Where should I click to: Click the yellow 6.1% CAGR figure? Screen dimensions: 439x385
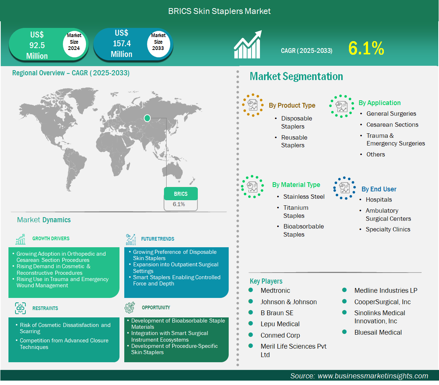click(x=366, y=48)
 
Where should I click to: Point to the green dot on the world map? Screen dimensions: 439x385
click(x=147, y=118)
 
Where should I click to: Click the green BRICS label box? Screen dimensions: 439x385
click(x=181, y=194)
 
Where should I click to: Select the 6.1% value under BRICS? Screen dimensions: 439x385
click(x=179, y=204)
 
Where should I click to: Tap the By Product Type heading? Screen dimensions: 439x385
click(x=292, y=105)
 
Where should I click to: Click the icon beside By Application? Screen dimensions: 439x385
click(x=341, y=106)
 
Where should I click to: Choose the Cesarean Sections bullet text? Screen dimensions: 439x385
click(x=392, y=125)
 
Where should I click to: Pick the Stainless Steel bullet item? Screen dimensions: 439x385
click(x=304, y=197)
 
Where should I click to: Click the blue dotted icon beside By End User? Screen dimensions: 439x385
click(x=345, y=188)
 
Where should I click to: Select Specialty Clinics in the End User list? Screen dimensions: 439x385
click(x=388, y=230)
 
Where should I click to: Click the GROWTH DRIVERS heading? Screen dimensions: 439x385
click(x=51, y=238)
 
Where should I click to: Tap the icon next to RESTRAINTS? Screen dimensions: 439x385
click(x=21, y=308)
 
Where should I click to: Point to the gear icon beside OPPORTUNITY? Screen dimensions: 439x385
click(x=130, y=307)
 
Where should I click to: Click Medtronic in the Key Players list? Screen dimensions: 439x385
click(x=275, y=291)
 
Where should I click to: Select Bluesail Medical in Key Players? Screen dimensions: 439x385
click(x=378, y=332)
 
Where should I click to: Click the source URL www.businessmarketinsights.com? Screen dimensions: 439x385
click(x=373, y=376)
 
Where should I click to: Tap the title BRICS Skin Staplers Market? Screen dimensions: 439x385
click(x=219, y=11)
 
